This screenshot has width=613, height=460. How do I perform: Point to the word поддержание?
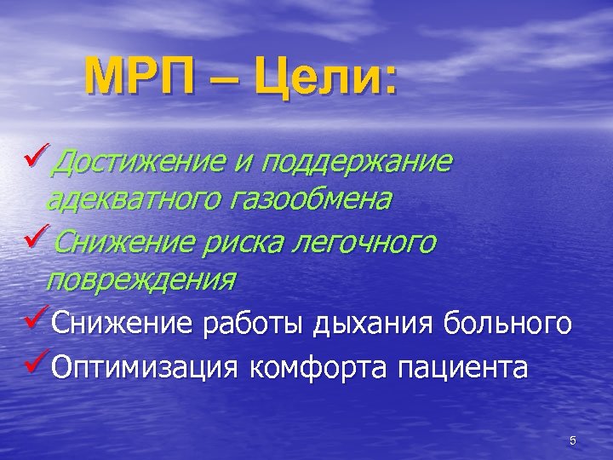358,161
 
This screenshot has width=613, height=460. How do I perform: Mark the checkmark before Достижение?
37,157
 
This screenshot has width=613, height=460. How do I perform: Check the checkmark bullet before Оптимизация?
37,365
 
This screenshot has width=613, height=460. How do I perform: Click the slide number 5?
573,440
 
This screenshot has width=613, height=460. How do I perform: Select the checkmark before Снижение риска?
37,238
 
